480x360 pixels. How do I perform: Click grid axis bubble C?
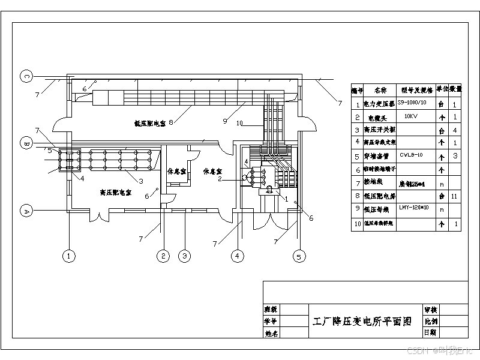[26, 76]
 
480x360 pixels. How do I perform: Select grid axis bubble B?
[26, 143]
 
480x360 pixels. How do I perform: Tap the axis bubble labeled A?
[26, 211]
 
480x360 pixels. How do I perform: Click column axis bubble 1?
[70, 256]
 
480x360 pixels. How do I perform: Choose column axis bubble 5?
[299, 256]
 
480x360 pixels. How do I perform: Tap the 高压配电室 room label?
[116, 193]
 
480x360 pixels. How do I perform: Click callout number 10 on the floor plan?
[239, 124]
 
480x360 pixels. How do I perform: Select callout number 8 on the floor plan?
[171, 122]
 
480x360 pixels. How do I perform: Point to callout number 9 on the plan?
[224, 121]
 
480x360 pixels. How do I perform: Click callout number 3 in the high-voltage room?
[140, 181]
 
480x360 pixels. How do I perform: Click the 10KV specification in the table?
[412, 116]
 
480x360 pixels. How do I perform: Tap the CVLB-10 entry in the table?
[412, 155]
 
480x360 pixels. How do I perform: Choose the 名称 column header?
[380, 91]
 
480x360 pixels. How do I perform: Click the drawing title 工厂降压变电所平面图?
[362, 321]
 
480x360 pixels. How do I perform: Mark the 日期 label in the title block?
[430, 332]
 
